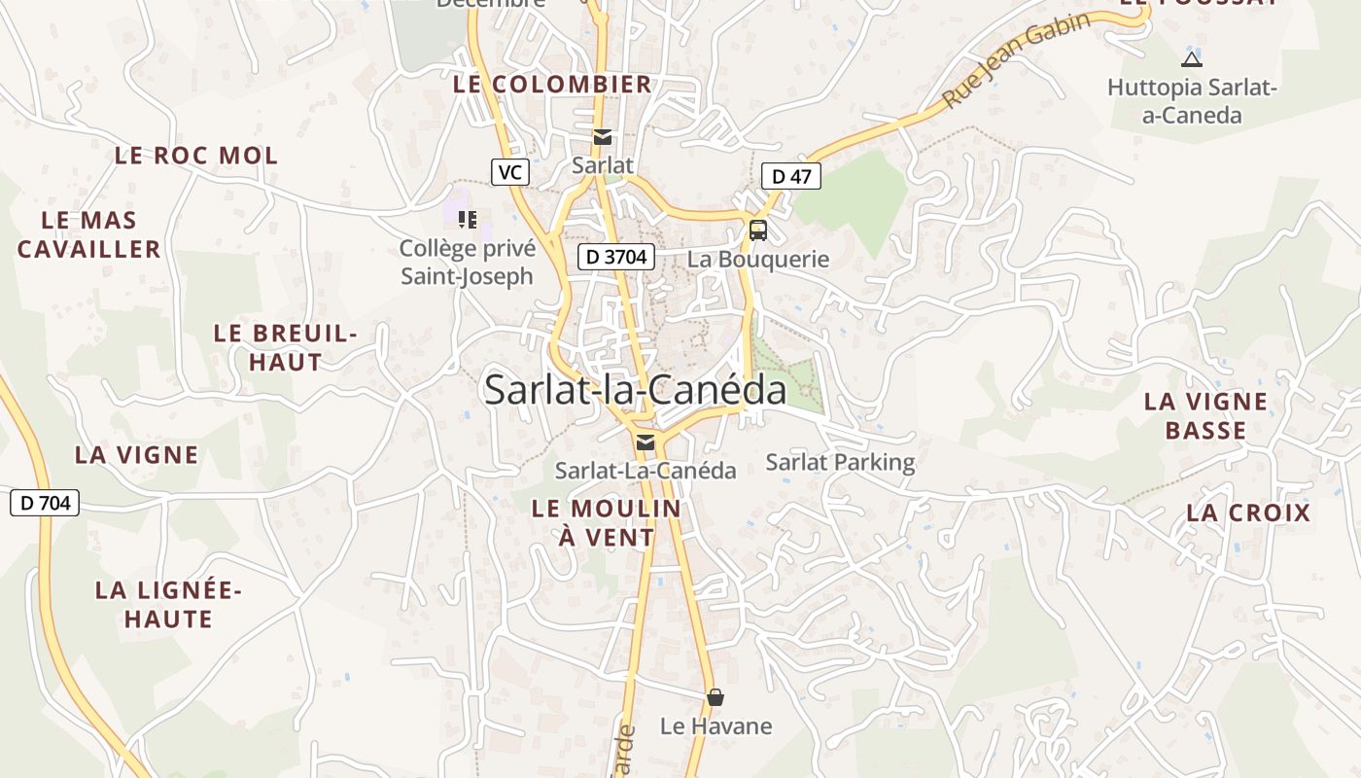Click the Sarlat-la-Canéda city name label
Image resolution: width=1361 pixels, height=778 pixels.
tap(635, 390)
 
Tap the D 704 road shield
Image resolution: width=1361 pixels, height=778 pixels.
tap(45, 503)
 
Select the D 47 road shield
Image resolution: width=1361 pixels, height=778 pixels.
tap(790, 176)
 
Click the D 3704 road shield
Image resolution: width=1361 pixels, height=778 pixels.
tap(616, 257)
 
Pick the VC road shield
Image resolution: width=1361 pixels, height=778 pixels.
tap(509, 173)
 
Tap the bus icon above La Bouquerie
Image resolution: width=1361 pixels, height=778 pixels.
tap(757, 230)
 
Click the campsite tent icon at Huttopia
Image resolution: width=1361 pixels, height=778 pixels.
tap(1192, 59)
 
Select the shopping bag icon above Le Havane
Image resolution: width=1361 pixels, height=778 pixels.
tap(715, 697)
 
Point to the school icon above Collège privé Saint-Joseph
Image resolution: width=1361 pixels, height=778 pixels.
tap(468, 220)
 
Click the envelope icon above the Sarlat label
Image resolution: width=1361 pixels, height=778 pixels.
tap(603, 137)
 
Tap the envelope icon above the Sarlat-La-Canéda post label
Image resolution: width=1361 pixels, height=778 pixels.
tap(645, 443)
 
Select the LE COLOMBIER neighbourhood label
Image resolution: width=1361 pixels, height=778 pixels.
tap(552, 85)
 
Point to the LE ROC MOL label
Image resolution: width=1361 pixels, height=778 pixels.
tap(196, 156)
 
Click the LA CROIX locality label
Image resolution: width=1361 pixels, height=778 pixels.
tap(1248, 513)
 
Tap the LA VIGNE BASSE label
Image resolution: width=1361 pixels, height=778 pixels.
tap(1205, 415)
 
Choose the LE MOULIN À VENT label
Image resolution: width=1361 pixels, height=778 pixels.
tap(607, 522)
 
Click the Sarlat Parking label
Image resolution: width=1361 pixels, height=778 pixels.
tap(840, 462)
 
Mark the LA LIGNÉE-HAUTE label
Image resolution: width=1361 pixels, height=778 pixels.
tap(168, 604)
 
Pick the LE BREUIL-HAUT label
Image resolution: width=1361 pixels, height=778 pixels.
tap(285, 347)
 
